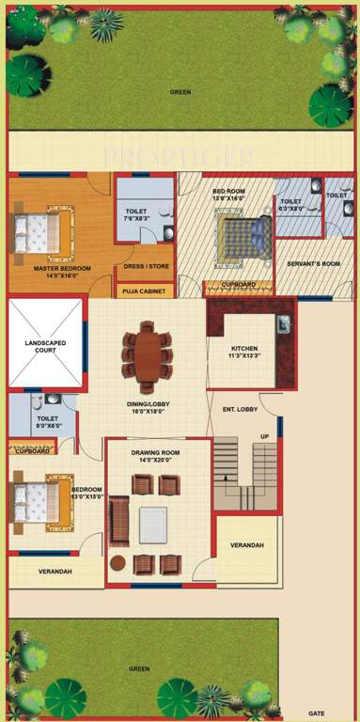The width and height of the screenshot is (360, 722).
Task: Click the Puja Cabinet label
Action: [x=143, y=291]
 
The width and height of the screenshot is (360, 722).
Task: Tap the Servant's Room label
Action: [x=313, y=264]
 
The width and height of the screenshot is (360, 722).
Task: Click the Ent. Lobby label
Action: [x=240, y=410]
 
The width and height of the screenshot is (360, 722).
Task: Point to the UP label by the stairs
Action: [x=264, y=437]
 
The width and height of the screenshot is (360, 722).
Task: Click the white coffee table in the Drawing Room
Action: [x=153, y=525]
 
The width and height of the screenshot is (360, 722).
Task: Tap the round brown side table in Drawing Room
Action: [x=117, y=563]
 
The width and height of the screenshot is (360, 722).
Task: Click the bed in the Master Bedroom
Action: [x=41, y=231]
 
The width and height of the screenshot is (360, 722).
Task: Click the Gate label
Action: [x=317, y=714]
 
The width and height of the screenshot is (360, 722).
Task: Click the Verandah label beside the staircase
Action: [x=247, y=546]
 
